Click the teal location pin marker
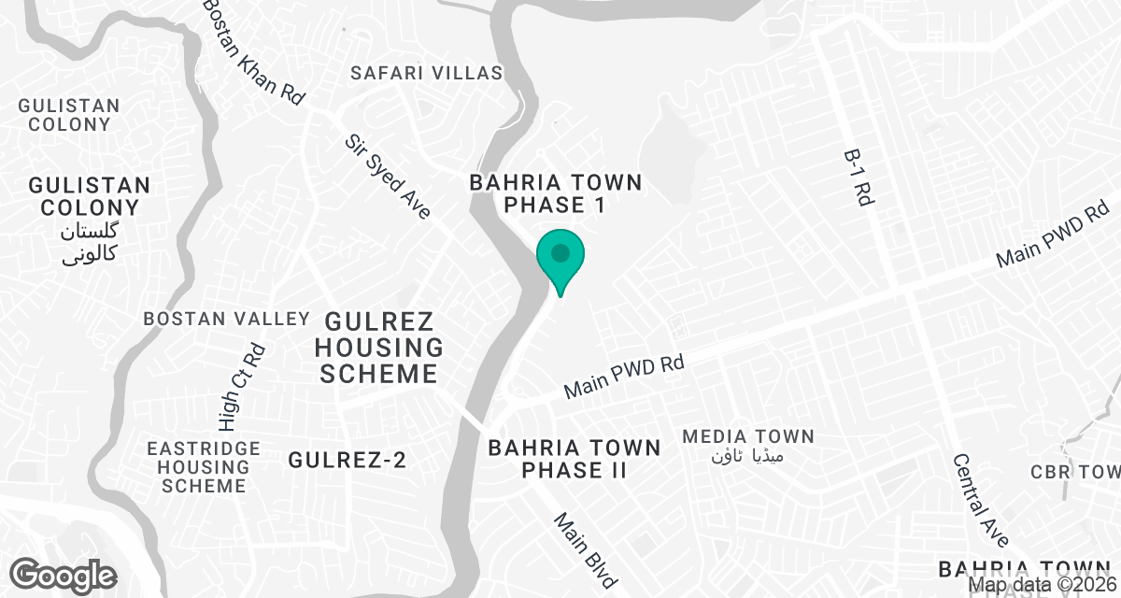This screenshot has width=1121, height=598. click(x=560, y=257)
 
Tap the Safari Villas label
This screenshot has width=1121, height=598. click(x=426, y=73)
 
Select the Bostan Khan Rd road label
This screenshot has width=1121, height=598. click(x=254, y=51)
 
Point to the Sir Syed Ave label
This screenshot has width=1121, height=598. click(x=388, y=177)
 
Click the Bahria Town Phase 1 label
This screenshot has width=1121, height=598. click(x=556, y=193)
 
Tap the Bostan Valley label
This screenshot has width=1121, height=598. click(x=226, y=319)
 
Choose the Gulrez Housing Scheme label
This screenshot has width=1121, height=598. click(x=378, y=349)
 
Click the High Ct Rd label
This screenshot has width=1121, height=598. click(x=253, y=380)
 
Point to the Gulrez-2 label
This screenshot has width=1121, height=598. click(x=348, y=460)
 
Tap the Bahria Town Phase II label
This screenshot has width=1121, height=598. click(x=575, y=459)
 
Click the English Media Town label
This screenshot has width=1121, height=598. click(x=748, y=436)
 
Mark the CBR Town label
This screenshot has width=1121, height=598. click(x=1074, y=472)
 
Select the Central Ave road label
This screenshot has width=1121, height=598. click(x=981, y=501)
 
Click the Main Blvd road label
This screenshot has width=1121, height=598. click(x=586, y=551)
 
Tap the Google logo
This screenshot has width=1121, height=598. click(x=64, y=575)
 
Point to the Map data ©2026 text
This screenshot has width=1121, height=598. click(x=1043, y=586)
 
